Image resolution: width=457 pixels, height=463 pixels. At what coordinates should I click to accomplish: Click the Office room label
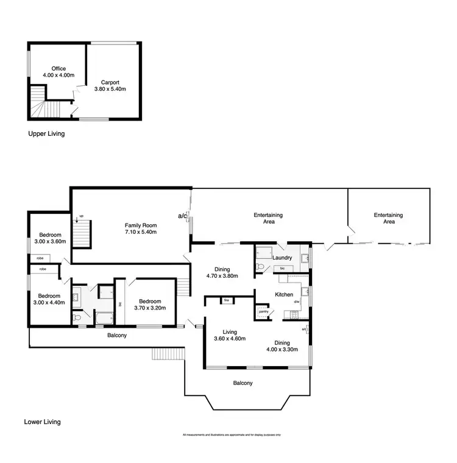pyautogui.click(x=58, y=69)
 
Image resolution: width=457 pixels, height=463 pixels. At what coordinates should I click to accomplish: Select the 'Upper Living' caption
pyautogui.click(x=46, y=133)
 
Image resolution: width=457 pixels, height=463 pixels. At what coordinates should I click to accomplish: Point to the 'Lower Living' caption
pyautogui.click(x=42, y=422)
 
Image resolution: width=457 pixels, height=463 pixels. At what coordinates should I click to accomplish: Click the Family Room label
pyautogui.click(x=141, y=225)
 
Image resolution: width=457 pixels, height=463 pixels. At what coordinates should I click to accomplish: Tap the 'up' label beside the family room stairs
pyautogui.click(x=81, y=217)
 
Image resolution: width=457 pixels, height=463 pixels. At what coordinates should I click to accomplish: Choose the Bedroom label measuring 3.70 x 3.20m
pyautogui.click(x=150, y=302)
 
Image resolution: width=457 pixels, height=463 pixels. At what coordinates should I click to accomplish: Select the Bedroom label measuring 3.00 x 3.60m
pyautogui.click(x=50, y=235)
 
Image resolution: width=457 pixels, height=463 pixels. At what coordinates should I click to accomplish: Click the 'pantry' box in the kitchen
pyautogui.click(x=263, y=311)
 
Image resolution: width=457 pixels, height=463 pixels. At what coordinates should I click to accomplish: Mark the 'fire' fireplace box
pyautogui.click(x=226, y=300)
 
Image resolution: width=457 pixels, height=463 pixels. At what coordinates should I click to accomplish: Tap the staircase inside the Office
pyautogui.click(x=37, y=101)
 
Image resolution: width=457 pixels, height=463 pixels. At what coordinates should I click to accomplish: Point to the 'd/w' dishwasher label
pyautogui.click(x=296, y=302)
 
